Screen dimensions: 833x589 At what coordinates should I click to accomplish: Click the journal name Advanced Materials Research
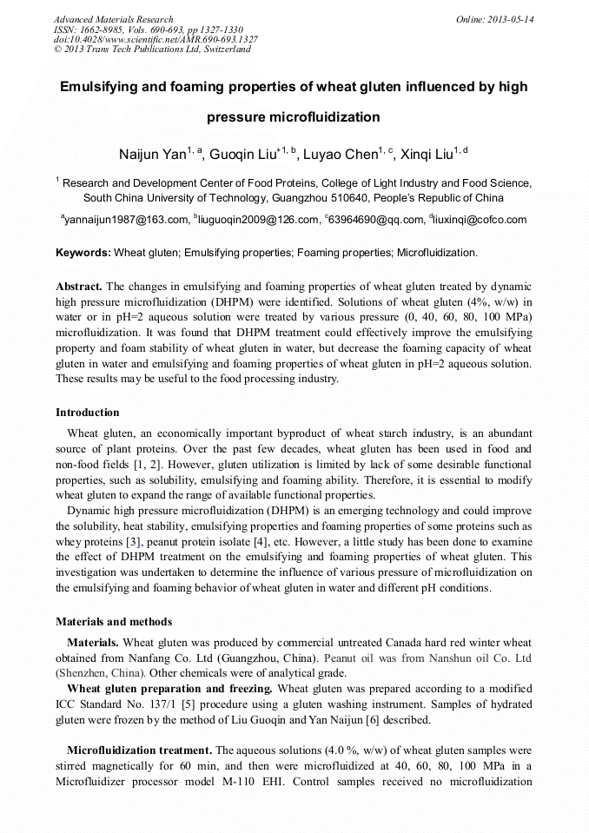[113, 19]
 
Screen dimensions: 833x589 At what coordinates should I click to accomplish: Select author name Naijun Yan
[152, 155]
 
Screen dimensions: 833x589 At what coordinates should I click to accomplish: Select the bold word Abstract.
[79, 286]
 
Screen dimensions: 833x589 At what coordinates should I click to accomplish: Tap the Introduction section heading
[88, 412]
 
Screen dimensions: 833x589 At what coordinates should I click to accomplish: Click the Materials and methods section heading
[114, 621]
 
